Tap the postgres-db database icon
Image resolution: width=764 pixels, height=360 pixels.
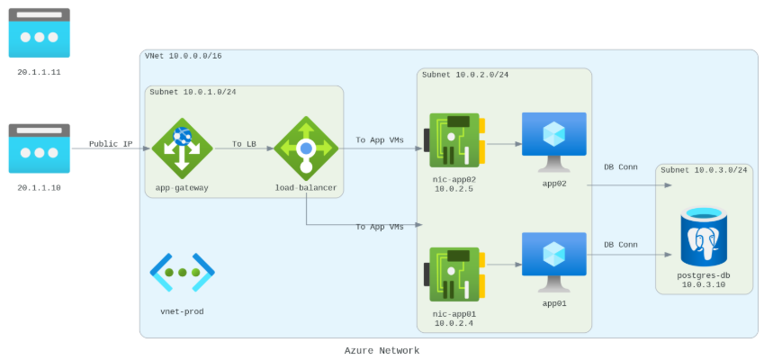coord(704,236)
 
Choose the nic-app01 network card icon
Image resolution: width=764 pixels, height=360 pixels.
coord(454,274)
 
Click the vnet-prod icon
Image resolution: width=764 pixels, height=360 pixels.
coord(182,272)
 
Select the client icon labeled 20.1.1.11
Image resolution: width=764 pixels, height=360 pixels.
coord(39,33)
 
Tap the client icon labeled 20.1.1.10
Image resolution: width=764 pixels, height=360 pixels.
coord(39,148)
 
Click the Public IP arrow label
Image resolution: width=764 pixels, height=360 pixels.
coord(111,144)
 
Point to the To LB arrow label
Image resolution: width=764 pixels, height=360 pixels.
coord(243,143)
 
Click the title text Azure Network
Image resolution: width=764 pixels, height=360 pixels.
coord(382,350)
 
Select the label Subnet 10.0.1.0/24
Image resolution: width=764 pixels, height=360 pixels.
coord(193,92)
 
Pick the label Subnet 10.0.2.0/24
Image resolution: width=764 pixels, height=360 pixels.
coord(464,74)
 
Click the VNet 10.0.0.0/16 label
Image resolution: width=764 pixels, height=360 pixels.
coord(184,56)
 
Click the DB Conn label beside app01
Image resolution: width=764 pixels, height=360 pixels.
coord(621,244)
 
